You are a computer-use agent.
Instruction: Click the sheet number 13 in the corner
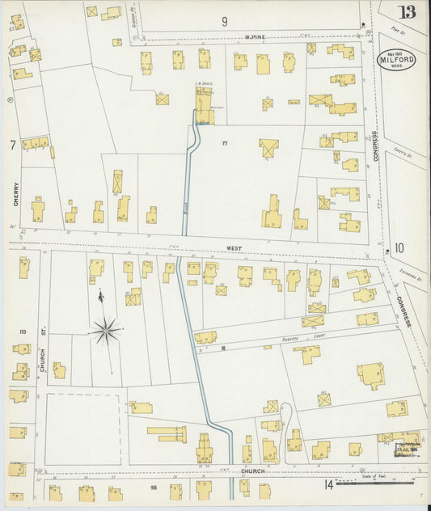[407, 11]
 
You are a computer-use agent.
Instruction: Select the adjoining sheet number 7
[12, 145]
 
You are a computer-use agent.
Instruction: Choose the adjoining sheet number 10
[398, 248]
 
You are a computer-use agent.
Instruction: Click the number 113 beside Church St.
[22, 332]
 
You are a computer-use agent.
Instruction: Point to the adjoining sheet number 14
[328, 485]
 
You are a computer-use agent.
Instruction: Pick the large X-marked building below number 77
[268, 149]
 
